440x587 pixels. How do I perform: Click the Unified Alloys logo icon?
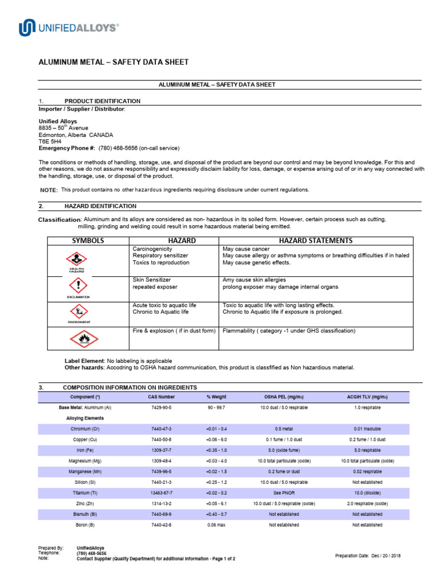click(x=27, y=28)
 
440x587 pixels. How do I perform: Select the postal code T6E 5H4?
click(x=50, y=142)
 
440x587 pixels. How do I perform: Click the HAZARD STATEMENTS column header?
click(x=315, y=241)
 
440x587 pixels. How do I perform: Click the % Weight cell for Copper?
click(x=216, y=440)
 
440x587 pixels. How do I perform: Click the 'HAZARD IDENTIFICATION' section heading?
click(x=100, y=206)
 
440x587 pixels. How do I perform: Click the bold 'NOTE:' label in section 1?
click(x=48, y=190)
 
